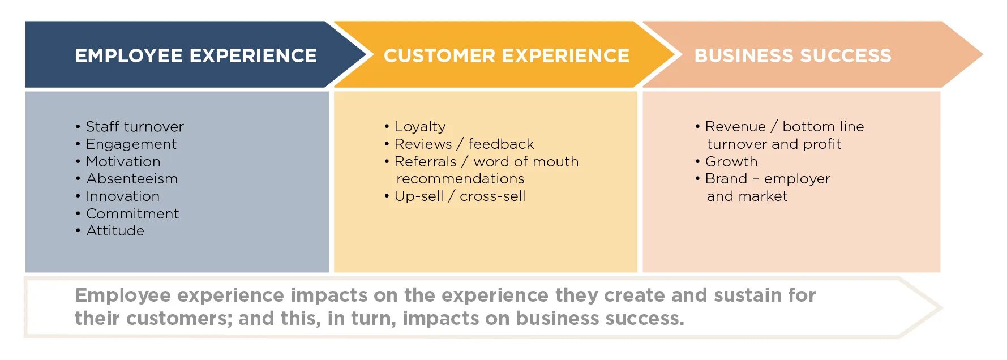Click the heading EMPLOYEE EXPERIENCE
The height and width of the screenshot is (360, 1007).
[196, 55]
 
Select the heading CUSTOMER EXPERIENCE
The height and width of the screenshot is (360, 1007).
[506, 55]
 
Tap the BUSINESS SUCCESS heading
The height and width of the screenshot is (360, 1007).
[792, 55]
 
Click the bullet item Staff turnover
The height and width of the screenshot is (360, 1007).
[134, 126]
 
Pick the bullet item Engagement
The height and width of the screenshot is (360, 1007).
[131, 144]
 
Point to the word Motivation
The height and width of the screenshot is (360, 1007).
[123, 161]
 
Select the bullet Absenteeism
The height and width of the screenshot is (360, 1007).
[132, 179]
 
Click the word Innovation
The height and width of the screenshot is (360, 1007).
[123, 196]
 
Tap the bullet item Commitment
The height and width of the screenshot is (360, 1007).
[132, 213]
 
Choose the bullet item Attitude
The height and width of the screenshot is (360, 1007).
[115, 230]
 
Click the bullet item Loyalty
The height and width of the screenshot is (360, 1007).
[420, 126]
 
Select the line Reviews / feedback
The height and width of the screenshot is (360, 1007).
[464, 144]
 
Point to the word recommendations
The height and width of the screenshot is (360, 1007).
[460, 179]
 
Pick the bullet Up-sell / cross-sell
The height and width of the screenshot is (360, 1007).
[460, 196]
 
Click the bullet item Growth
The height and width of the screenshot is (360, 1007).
[731, 161]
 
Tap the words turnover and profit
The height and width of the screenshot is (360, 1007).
[774, 144]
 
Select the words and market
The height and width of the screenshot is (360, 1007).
[747, 196]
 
